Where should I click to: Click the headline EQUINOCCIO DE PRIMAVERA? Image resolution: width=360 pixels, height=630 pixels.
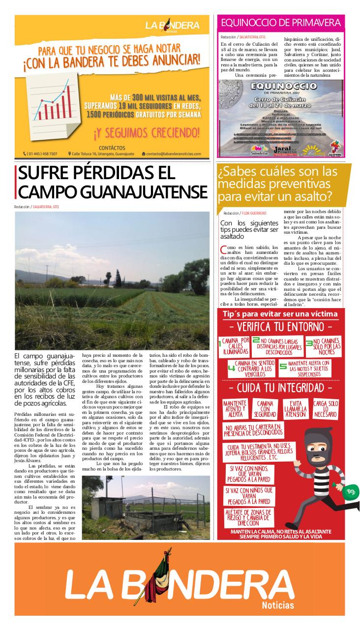281,23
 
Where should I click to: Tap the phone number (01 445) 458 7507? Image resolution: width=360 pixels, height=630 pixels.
40,154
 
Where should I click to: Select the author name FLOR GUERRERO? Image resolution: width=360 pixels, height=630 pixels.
253,213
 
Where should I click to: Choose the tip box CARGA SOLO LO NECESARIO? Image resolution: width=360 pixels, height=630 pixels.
326,409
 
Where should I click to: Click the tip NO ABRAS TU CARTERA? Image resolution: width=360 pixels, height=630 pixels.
253,430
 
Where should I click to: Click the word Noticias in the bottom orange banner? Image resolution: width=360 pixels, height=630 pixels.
278,605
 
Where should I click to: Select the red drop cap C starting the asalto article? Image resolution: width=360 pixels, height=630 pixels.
224,250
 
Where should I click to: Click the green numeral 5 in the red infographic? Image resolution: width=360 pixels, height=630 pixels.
283,366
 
